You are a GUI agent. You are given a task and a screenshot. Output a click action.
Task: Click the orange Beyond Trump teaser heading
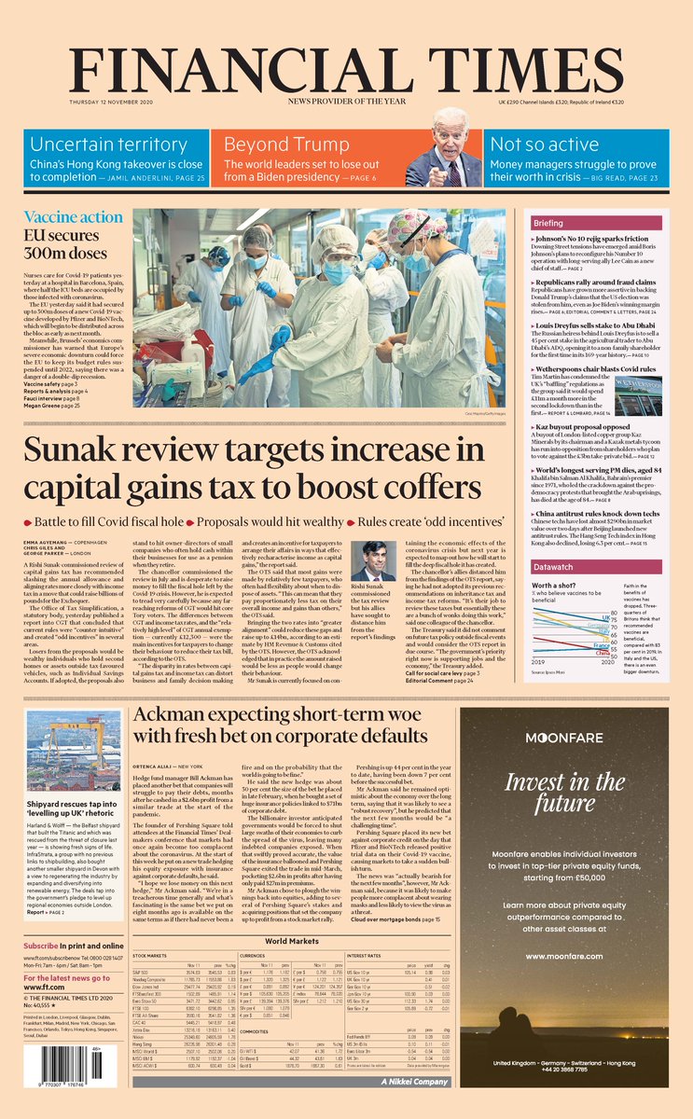270,144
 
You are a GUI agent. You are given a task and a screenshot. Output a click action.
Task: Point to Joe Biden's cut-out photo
444,150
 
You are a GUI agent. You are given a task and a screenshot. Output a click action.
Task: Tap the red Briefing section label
575,224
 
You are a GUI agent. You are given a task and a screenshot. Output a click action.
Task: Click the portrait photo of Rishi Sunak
373,562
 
